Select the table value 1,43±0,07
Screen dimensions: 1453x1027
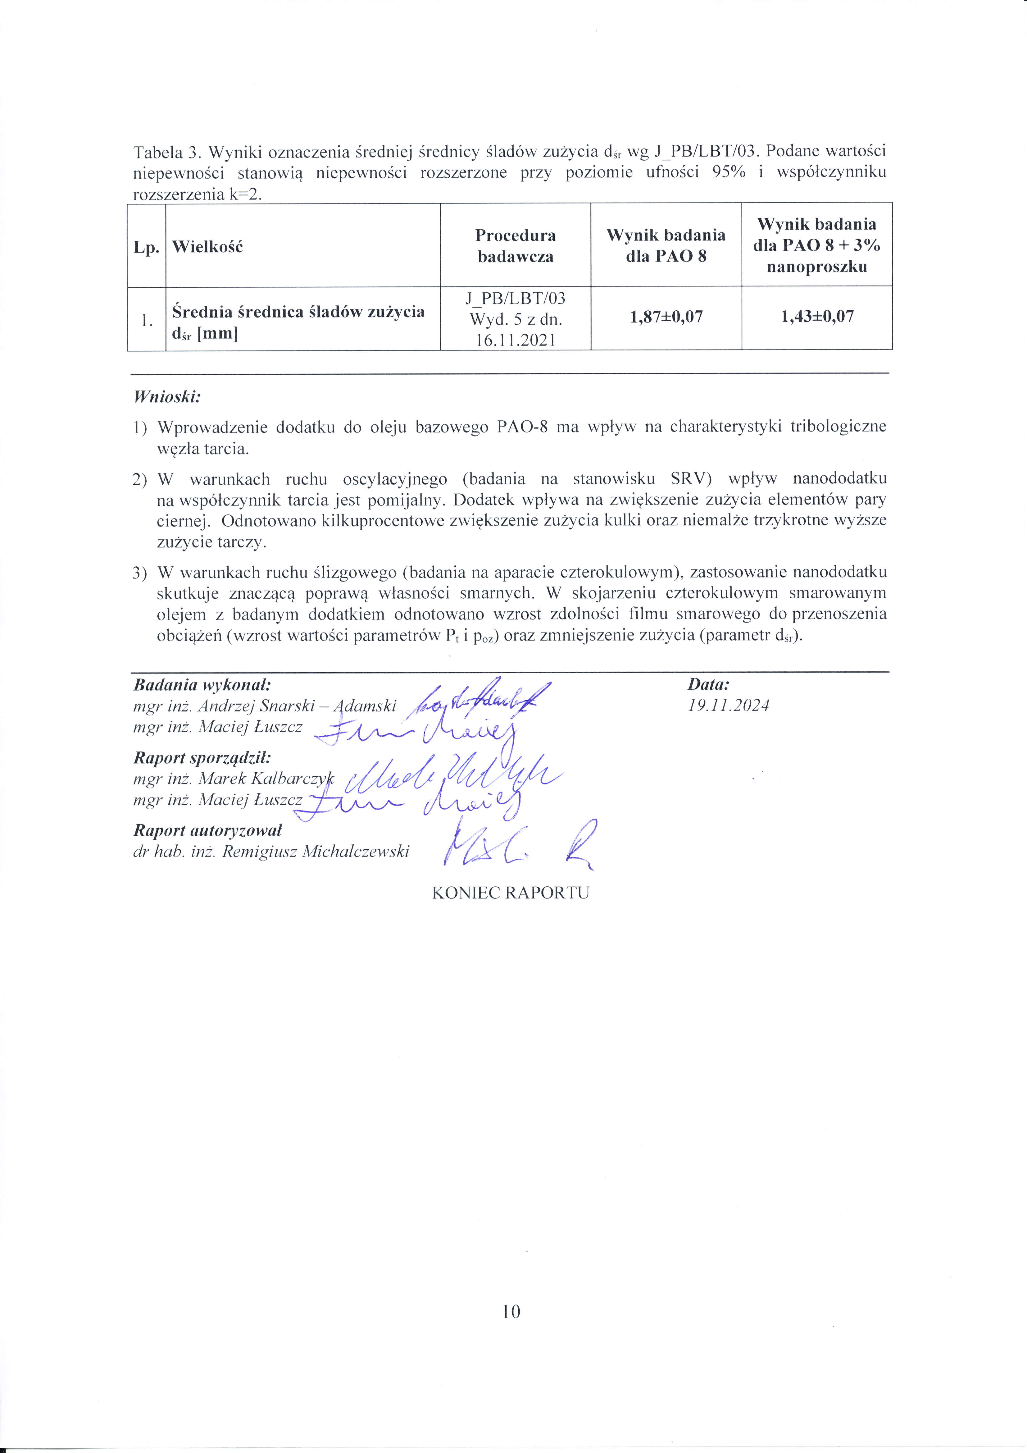(817, 317)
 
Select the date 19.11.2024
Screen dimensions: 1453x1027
(728, 706)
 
